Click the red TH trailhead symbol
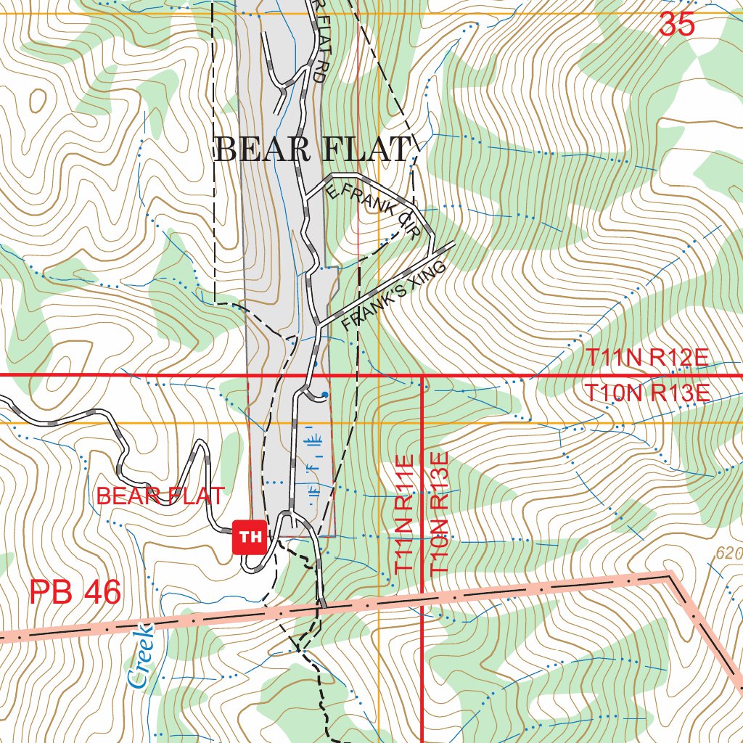[x=250, y=537]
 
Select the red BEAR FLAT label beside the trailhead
[x=160, y=497]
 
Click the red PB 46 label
[x=75, y=593]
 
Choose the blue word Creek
[x=140, y=656]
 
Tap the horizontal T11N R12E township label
[x=647, y=358]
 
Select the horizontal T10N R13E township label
[x=647, y=393]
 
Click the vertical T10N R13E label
[x=440, y=514]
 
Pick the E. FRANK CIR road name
[x=373, y=210]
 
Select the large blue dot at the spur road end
[x=324, y=395]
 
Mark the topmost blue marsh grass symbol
[x=313, y=440]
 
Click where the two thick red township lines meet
[x=422, y=375]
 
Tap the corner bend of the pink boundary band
[x=669, y=576]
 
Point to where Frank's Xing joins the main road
[x=319, y=326]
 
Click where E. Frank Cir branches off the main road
[x=305, y=197]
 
